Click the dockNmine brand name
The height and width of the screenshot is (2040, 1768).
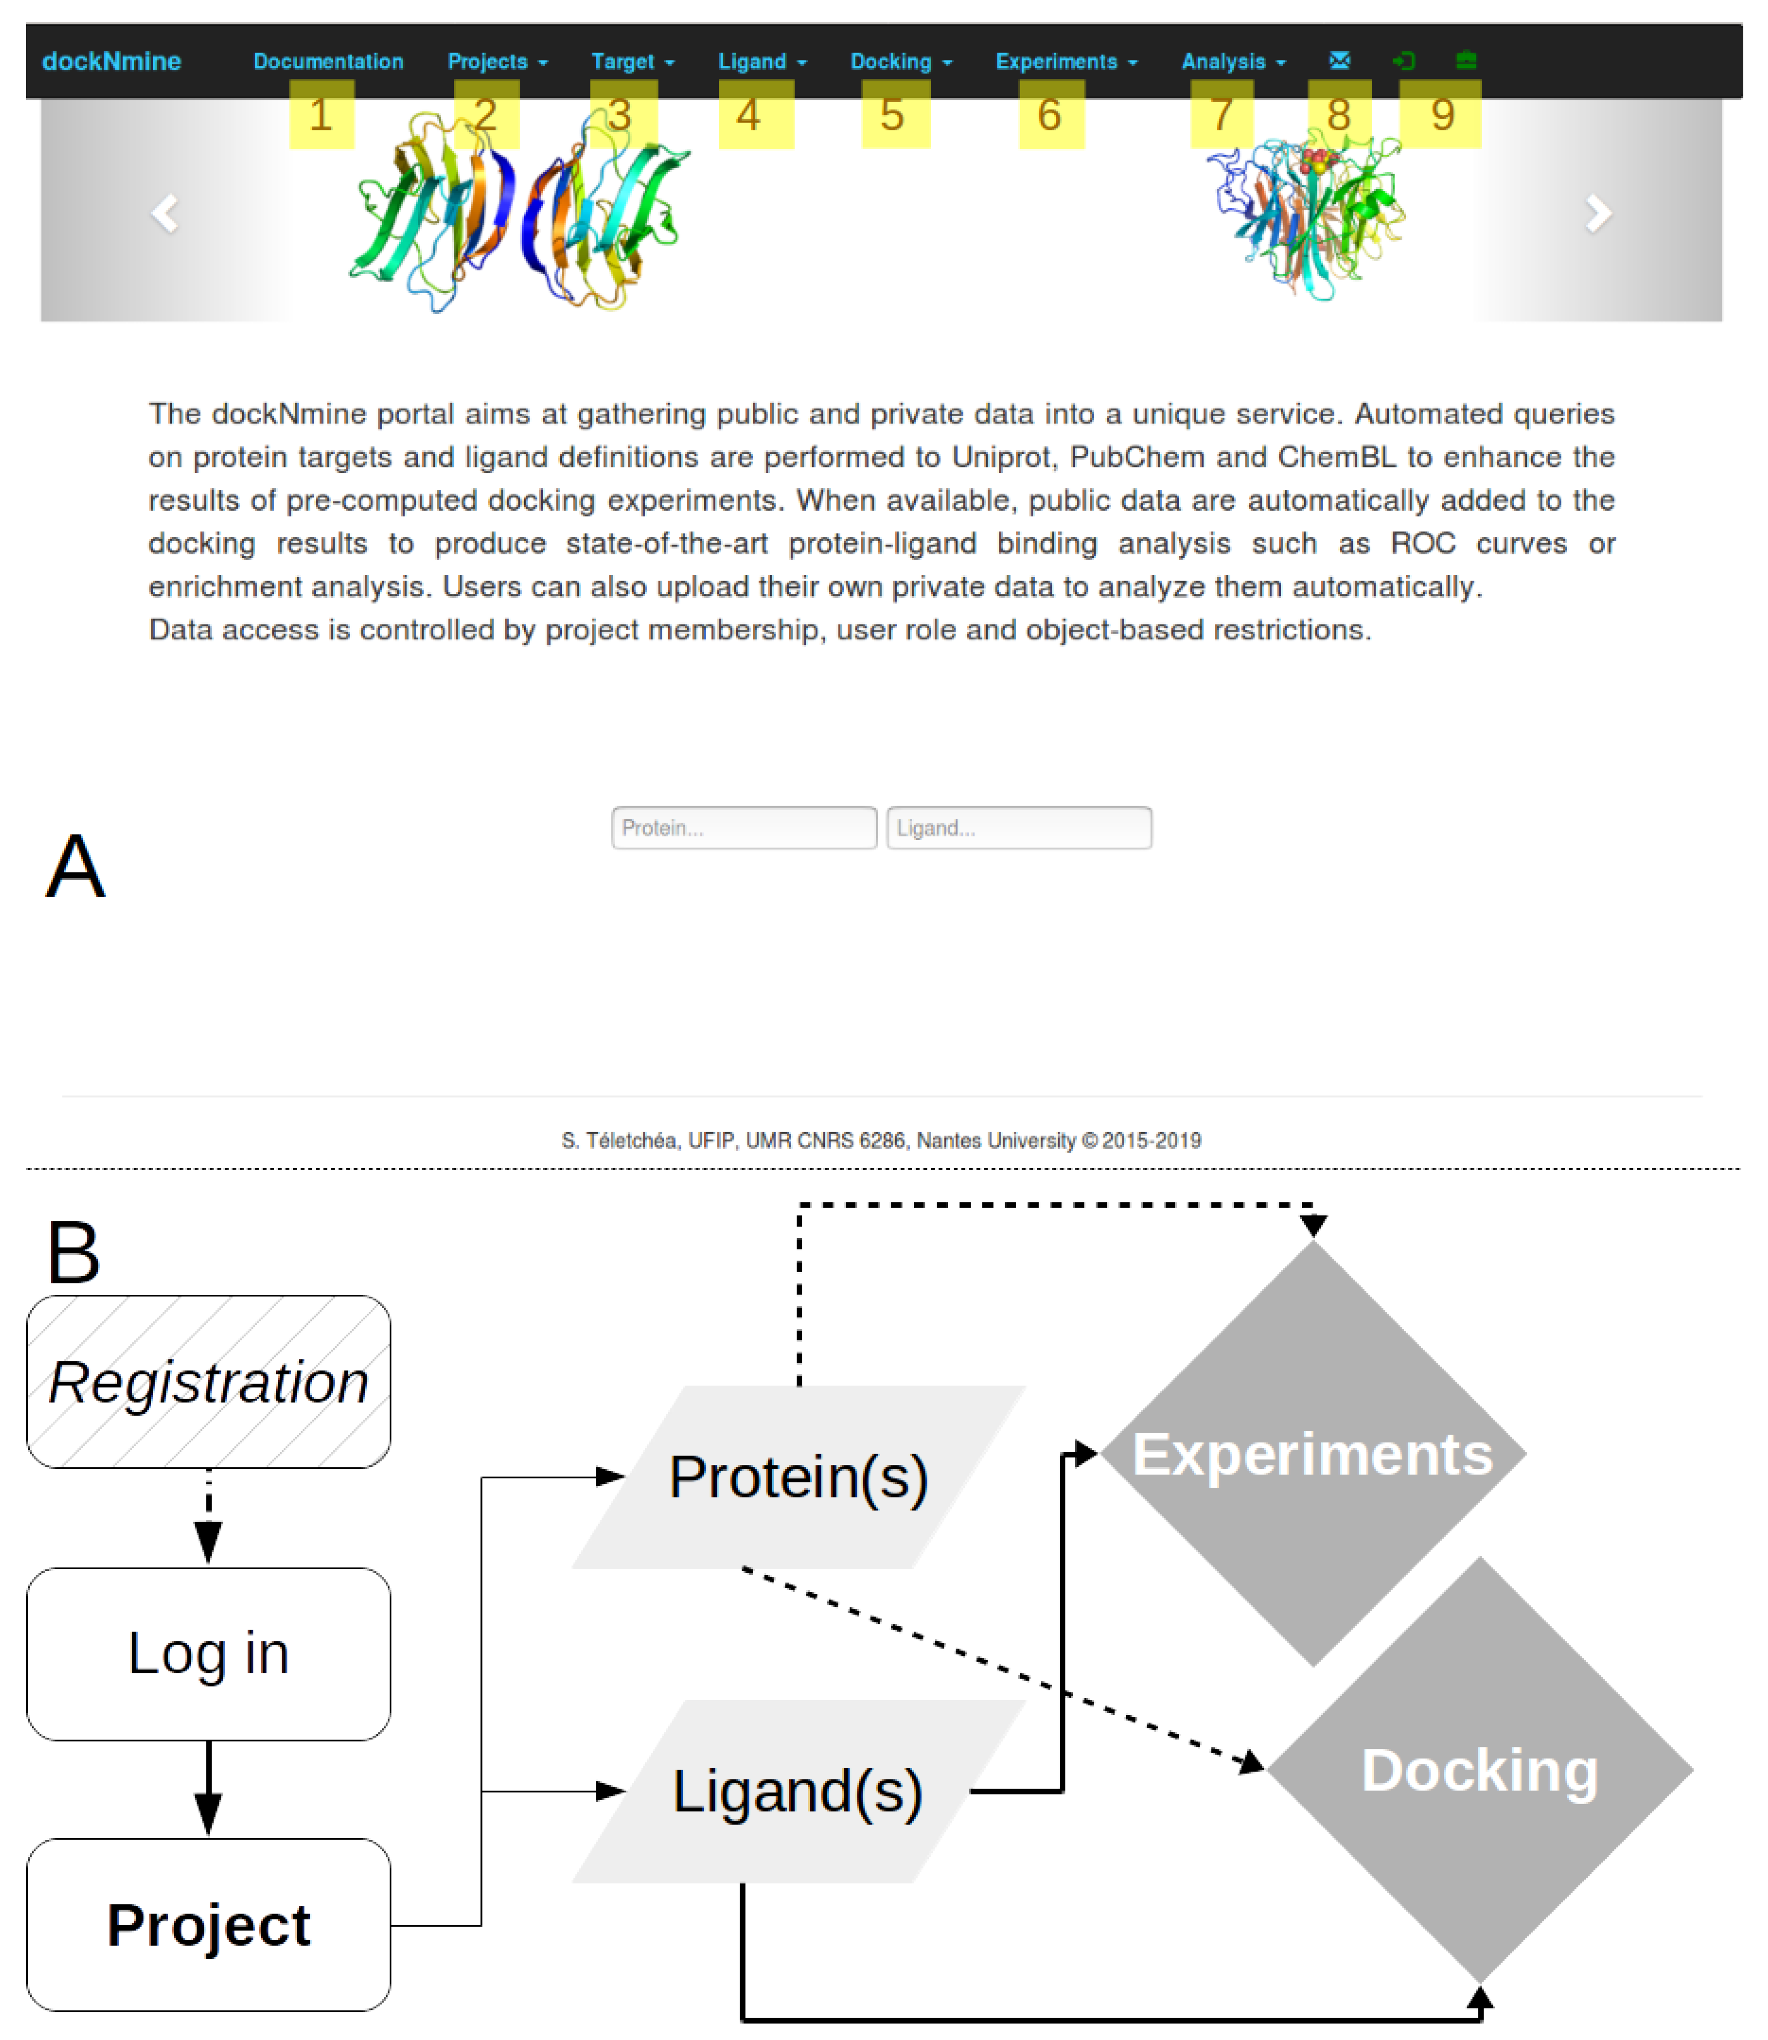pyautogui.click(x=111, y=61)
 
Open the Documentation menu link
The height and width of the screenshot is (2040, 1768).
pyautogui.click(x=328, y=61)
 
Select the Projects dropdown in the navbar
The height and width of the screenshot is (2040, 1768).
pyautogui.click(x=496, y=61)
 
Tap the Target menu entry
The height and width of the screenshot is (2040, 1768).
pyautogui.click(x=632, y=61)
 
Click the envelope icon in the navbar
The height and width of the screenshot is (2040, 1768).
pyautogui.click(x=1339, y=60)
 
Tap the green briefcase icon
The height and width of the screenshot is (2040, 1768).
pyautogui.click(x=1466, y=60)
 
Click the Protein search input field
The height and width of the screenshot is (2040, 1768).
pyautogui.click(x=744, y=827)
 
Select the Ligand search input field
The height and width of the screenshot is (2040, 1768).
pyautogui.click(x=1019, y=827)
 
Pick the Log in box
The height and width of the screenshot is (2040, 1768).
pyautogui.click(x=208, y=1653)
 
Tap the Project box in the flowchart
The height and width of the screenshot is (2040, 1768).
pyautogui.click(x=208, y=1925)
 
